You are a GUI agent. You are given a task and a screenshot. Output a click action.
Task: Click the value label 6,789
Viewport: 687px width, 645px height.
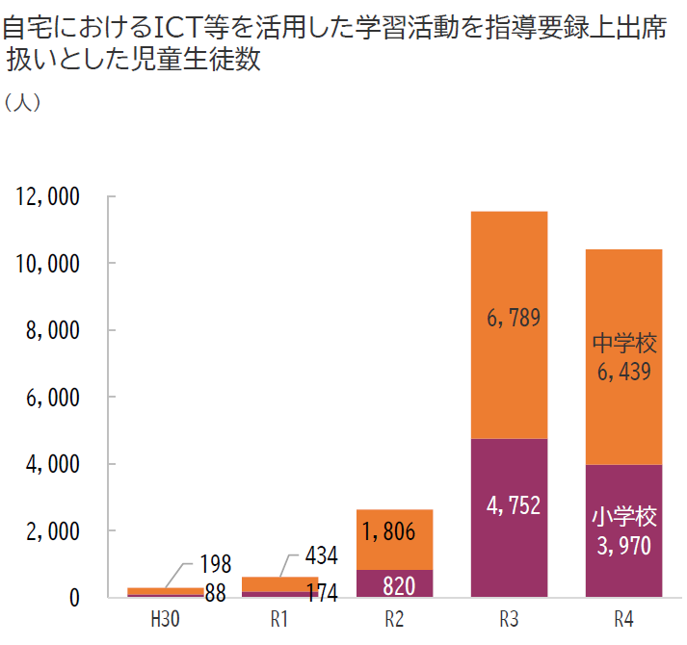pyautogui.click(x=508, y=316)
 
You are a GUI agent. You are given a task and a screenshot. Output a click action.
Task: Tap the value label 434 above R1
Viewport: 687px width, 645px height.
pyautogui.click(x=321, y=555)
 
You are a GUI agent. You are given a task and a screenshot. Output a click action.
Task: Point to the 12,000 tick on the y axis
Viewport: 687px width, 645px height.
pyautogui.click(x=47, y=197)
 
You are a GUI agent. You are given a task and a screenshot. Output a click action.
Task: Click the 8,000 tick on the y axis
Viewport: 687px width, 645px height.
pyautogui.click(x=53, y=331)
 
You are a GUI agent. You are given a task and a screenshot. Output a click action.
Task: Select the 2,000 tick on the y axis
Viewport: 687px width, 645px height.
pyautogui.click(x=53, y=531)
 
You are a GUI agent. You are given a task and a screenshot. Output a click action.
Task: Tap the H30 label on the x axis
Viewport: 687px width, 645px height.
pyautogui.click(x=165, y=617)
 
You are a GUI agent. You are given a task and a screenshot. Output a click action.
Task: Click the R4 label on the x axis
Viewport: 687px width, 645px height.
pyautogui.click(x=623, y=617)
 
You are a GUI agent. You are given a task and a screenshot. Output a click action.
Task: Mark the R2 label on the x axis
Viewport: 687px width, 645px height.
pyautogui.click(x=394, y=617)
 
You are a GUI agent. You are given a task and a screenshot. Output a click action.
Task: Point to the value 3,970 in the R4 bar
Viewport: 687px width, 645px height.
pyautogui.click(x=623, y=547)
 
